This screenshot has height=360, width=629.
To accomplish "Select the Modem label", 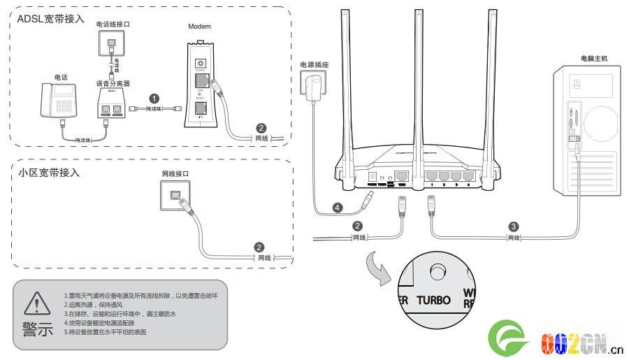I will (199, 27).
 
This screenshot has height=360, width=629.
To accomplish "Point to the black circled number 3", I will (514, 226).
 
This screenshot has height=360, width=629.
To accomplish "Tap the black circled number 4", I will (338, 208).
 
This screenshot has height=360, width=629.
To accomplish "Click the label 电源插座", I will (314, 64).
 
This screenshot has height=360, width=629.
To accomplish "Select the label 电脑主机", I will (594, 59).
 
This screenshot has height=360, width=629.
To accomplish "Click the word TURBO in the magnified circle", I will (434, 301).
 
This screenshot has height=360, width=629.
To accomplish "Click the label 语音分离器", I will (112, 83).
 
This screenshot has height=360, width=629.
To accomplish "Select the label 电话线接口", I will (113, 24).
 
